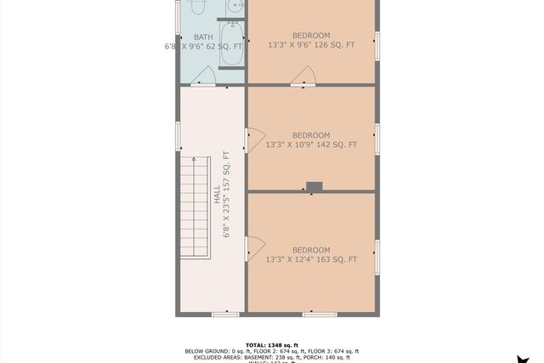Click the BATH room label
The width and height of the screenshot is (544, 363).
click(x=203, y=37)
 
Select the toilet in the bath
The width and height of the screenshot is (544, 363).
click(x=197, y=7)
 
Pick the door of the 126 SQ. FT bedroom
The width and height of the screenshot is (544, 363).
click(x=303, y=77)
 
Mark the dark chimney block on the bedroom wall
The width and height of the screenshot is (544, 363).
click(x=314, y=186)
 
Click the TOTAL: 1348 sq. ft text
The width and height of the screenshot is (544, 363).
click(x=272, y=343)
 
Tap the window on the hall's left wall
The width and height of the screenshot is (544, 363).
click(x=178, y=134)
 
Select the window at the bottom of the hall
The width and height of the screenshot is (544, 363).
click(x=224, y=315)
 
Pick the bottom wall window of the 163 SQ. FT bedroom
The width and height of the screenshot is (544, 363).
click(x=320, y=315)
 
